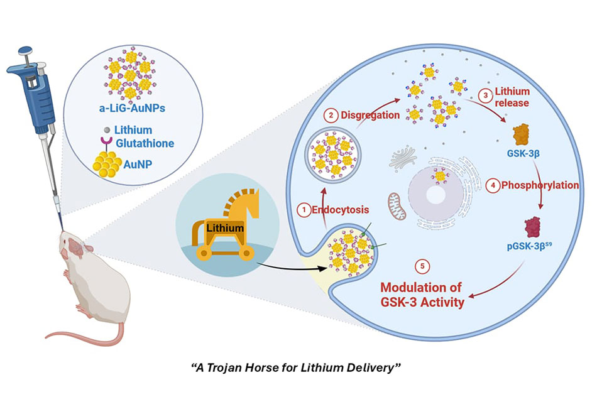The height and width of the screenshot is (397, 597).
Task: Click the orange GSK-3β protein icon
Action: click(x=520, y=134)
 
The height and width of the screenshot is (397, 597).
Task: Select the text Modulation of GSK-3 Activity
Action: click(x=419, y=295)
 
